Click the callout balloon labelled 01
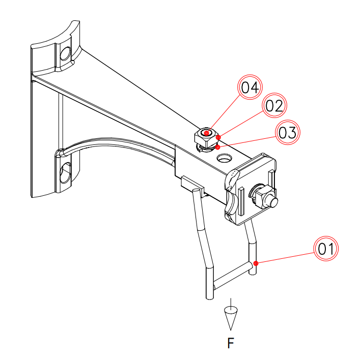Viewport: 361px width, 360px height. point(326,249)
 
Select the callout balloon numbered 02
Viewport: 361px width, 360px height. point(274,106)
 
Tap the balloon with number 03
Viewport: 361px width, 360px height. point(287,133)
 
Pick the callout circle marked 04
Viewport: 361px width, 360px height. point(251,87)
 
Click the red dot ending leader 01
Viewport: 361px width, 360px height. point(256,263)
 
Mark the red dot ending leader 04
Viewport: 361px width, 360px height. point(206,133)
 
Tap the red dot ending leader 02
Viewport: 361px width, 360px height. point(218,137)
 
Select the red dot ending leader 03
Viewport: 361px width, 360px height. point(217,147)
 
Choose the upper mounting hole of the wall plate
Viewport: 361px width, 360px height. point(65,53)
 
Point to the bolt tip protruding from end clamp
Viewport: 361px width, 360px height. point(273,201)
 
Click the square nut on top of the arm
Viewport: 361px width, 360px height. point(206,136)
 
